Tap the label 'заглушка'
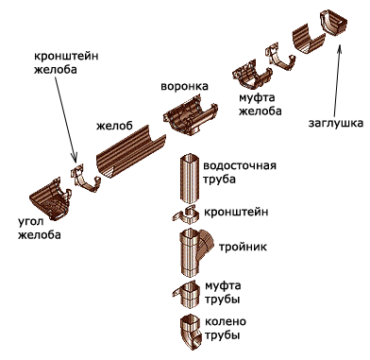coord(331,122)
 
